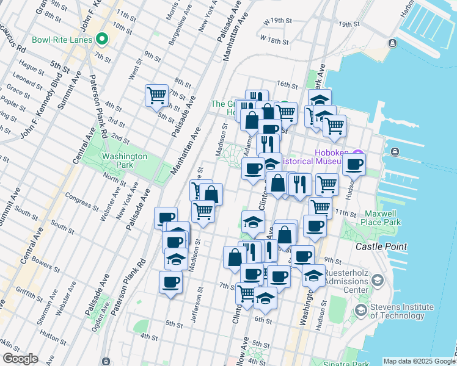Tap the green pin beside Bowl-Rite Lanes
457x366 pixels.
coord(102,40)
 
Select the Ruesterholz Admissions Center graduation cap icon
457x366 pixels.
coord(378,280)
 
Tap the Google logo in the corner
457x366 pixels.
coord(20,359)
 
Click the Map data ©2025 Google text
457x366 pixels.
coord(419,361)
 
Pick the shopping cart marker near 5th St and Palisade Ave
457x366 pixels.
coord(156,95)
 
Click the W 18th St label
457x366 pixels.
coord(273,40)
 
